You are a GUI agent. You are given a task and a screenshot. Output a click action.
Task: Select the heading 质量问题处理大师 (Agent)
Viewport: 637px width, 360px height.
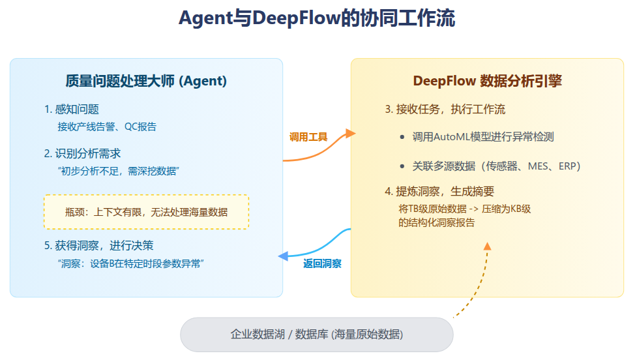(146, 81)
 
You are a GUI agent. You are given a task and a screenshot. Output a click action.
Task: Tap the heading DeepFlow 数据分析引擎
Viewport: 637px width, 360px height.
(488, 81)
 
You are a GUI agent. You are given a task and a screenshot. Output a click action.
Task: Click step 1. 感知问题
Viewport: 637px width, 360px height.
(72, 109)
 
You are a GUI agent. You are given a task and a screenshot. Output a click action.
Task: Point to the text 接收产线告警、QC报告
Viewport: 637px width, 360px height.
(107, 126)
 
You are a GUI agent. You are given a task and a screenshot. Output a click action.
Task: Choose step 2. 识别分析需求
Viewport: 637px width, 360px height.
(82, 153)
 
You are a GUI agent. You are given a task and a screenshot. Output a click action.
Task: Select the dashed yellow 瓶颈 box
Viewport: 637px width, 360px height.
(146, 211)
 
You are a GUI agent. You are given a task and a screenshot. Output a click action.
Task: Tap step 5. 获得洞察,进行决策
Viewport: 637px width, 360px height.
(99, 245)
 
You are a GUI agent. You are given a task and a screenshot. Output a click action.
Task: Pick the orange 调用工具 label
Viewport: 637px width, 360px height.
(308, 137)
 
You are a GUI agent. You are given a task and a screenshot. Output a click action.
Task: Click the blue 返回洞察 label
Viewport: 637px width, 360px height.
(322, 263)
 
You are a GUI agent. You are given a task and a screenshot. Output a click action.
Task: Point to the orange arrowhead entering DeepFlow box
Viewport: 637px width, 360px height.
(351, 134)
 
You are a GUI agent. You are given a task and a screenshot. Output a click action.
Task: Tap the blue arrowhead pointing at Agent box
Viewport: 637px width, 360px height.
(283, 256)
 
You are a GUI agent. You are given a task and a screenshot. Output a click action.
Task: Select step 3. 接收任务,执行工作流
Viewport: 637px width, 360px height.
(445, 109)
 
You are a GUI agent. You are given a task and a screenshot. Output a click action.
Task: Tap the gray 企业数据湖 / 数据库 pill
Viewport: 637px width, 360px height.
(316, 335)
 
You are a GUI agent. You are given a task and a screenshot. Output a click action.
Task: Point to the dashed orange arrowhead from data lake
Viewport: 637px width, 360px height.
(486, 246)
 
